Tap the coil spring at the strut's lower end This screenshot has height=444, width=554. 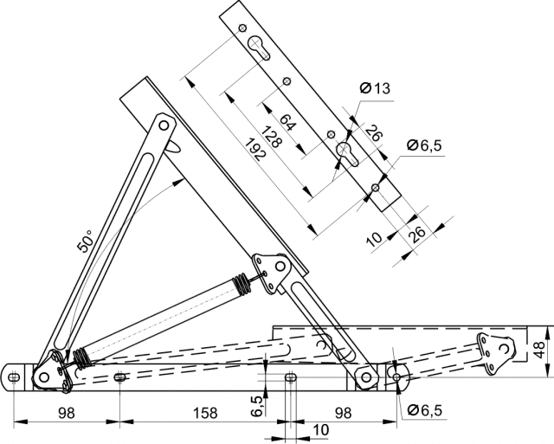[x=80, y=356]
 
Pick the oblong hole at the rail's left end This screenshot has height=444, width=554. [x=14, y=376]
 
